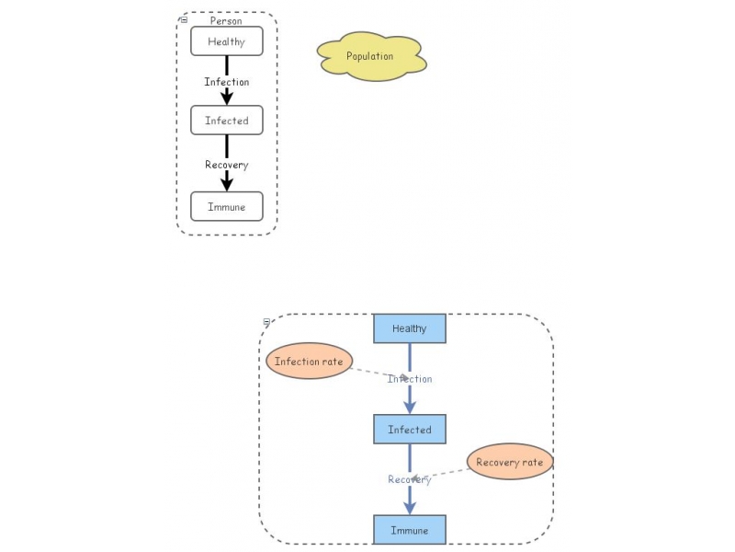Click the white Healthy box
click(x=227, y=41)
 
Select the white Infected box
click(x=227, y=121)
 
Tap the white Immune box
click(x=227, y=206)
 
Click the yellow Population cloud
click(x=371, y=56)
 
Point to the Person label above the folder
click(x=226, y=20)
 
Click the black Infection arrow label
click(x=227, y=82)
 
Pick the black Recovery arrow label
click(x=227, y=165)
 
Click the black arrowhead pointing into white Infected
click(x=227, y=98)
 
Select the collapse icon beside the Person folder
click(x=184, y=19)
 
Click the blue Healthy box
click(x=410, y=328)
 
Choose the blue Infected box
click(x=410, y=429)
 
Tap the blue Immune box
click(x=410, y=530)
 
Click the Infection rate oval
click(x=309, y=361)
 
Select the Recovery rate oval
click(x=510, y=462)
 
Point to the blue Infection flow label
click(x=410, y=379)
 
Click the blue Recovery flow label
click(x=410, y=479)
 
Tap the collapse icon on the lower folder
click(x=266, y=322)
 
